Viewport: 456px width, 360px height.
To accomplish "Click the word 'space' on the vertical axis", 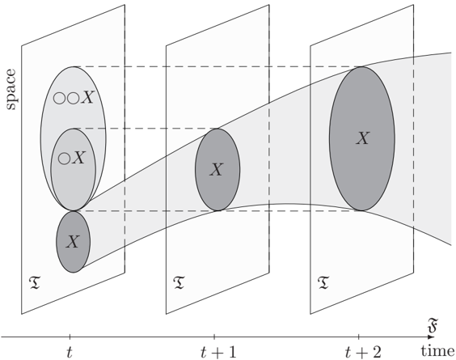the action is pos(11,89).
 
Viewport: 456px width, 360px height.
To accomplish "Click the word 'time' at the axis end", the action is pos(437,351).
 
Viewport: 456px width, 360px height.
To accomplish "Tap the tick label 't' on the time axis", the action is pos(70,353).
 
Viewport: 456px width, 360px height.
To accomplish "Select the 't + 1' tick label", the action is pos(218,353).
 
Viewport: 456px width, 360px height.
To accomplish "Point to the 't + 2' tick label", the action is pos(363,353).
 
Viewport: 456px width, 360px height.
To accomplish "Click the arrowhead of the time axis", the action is pos(431,337).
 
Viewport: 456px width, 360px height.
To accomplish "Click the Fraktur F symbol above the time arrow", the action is pos(433,326).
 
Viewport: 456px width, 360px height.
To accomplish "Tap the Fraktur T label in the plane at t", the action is pos(35,283).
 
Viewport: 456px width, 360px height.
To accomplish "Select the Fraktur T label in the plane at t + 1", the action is pos(179,283).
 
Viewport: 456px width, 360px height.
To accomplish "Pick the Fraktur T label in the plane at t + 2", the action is pos(323,283).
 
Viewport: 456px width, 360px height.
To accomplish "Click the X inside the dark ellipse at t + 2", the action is pos(363,138).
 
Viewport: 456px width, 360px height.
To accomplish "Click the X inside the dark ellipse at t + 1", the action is pos(217,169).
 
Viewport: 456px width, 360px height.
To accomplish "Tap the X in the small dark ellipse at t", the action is pos(73,241).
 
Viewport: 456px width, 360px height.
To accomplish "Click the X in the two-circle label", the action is pos(87,98).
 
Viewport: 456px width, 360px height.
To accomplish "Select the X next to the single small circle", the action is pos(78,158).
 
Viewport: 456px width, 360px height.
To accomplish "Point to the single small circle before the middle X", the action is pos(64,159).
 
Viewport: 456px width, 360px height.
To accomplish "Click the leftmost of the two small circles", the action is pos(59,99).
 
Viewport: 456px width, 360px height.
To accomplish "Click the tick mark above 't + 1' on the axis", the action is pos(214,337).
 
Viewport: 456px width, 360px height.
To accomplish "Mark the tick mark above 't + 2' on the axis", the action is pos(359,337).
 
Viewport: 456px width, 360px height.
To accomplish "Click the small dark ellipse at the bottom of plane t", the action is pos(74,242).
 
